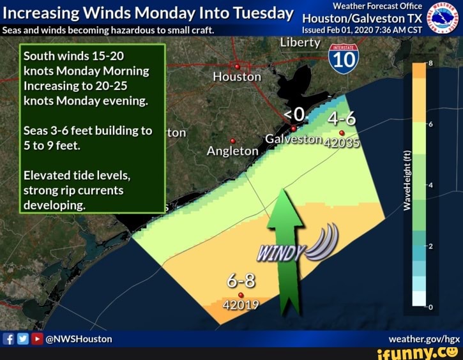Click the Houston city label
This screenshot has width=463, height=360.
tap(237, 77)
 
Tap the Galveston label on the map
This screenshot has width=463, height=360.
tap(291, 140)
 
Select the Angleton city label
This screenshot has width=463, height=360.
tap(232, 151)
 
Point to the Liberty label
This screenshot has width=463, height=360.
tap(300, 43)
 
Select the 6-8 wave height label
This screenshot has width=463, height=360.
tap(241, 281)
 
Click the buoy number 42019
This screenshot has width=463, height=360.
tap(241, 304)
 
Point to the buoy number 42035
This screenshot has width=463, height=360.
tap(342, 142)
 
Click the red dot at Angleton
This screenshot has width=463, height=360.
tap(232, 141)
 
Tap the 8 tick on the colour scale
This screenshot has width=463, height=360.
tap(430, 64)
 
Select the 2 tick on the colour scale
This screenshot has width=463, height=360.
tap(430, 246)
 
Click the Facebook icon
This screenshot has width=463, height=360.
tap(9, 338)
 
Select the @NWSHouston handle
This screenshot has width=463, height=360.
tap(79, 339)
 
